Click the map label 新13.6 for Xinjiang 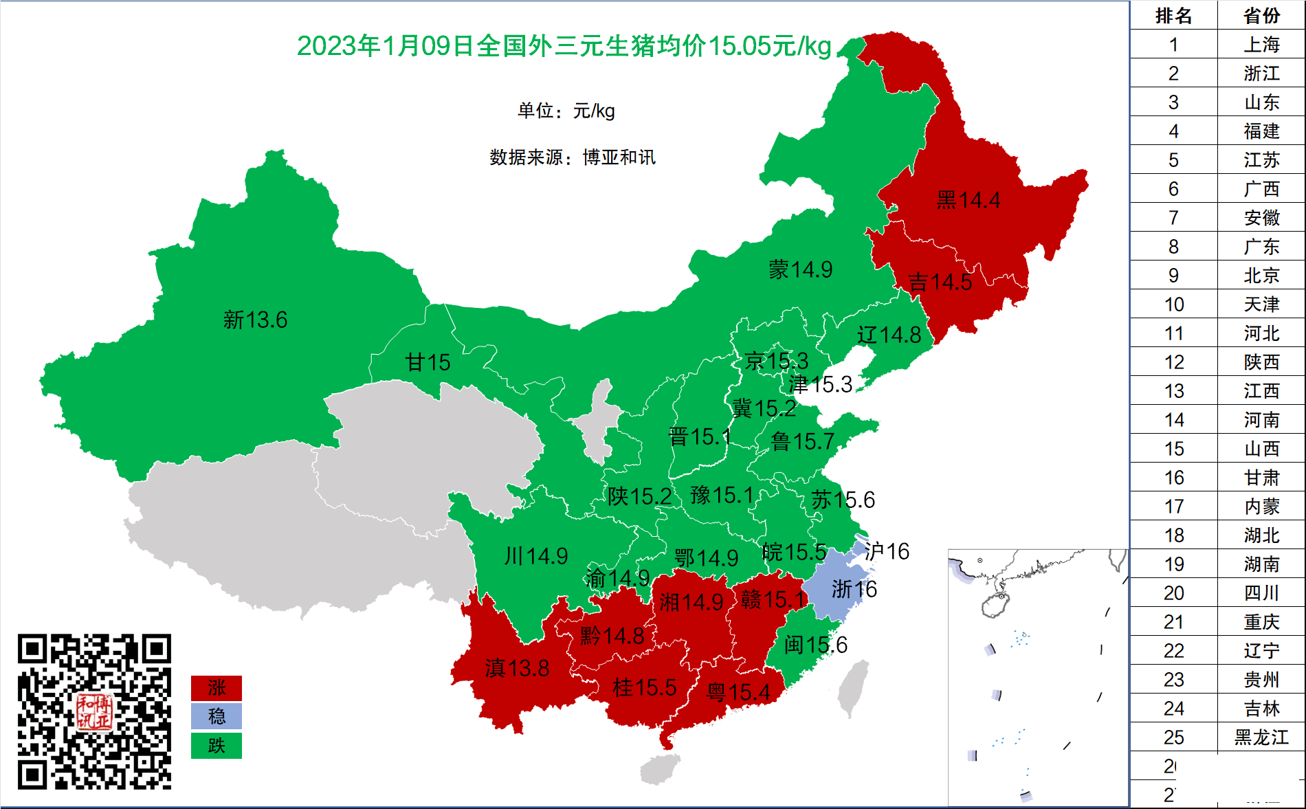(255, 320)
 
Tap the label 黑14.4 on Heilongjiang (968, 200)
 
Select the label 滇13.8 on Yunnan (517, 668)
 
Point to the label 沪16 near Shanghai (887, 551)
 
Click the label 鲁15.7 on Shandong (802, 441)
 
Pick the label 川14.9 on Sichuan (535, 555)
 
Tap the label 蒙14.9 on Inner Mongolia (800, 269)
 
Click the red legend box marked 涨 (216, 687)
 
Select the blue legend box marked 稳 (216, 716)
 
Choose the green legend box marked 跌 (216, 745)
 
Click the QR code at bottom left (94, 711)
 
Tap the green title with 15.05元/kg (564, 46)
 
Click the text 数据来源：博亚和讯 (572, 157)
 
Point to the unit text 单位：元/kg (566, 111)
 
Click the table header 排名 (1173, 15)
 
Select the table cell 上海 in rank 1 (1261, 45)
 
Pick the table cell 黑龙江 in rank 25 (1261, 738)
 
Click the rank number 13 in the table (1173, 391)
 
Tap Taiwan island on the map (853, 687)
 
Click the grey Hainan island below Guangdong (660, 768)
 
